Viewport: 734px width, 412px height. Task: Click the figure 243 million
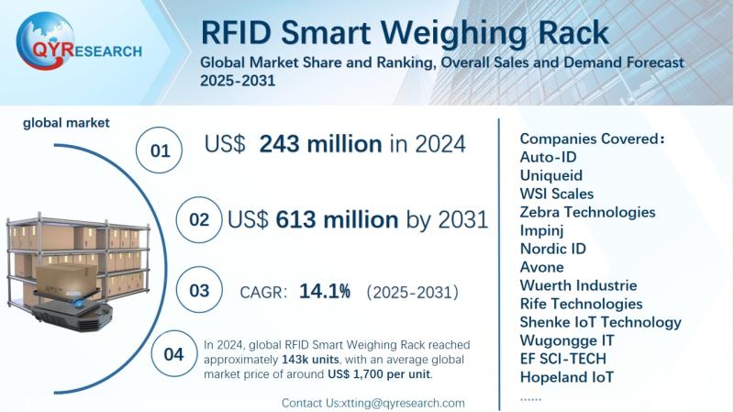pyautogui.click(x=320, y=144)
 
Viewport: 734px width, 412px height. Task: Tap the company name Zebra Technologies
pyautogui.click(x=588, y=212)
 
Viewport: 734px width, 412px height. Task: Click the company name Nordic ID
pyautogui.click(x=552, y=249)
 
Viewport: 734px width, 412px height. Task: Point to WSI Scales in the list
pyautogui.click(x=557, y=194)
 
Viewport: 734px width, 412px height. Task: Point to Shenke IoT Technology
pyautogui.click(x=600, y=322)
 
